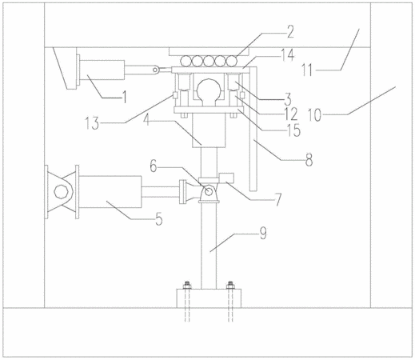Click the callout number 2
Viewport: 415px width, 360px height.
click(289, 31)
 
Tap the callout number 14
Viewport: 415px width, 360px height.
click(286, 54)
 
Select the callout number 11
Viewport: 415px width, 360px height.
click(307, 70)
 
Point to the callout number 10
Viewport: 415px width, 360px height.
click(314, 115)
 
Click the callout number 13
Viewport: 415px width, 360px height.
click(92, 123)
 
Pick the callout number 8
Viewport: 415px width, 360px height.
click(309, 160)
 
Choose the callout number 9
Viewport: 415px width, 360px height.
click(263, 234)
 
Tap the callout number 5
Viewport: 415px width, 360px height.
click(159, 219)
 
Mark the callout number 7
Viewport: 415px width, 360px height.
click(278, 200)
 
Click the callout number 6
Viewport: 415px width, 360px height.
click(154, 166)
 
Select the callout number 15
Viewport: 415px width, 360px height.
click(293, 130)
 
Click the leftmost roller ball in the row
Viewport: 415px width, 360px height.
click(186, 61)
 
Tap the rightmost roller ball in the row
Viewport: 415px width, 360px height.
click(232, 61)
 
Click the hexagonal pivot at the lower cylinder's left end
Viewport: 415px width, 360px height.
click(60, 192)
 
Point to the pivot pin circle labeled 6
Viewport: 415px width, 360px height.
click(209, 191)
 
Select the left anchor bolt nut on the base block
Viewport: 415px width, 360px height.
click(187, 286)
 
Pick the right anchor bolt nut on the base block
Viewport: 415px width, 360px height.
click(230, 286)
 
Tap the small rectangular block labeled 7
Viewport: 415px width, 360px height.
click(226, 178)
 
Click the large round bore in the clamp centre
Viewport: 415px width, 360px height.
click(209, 89)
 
